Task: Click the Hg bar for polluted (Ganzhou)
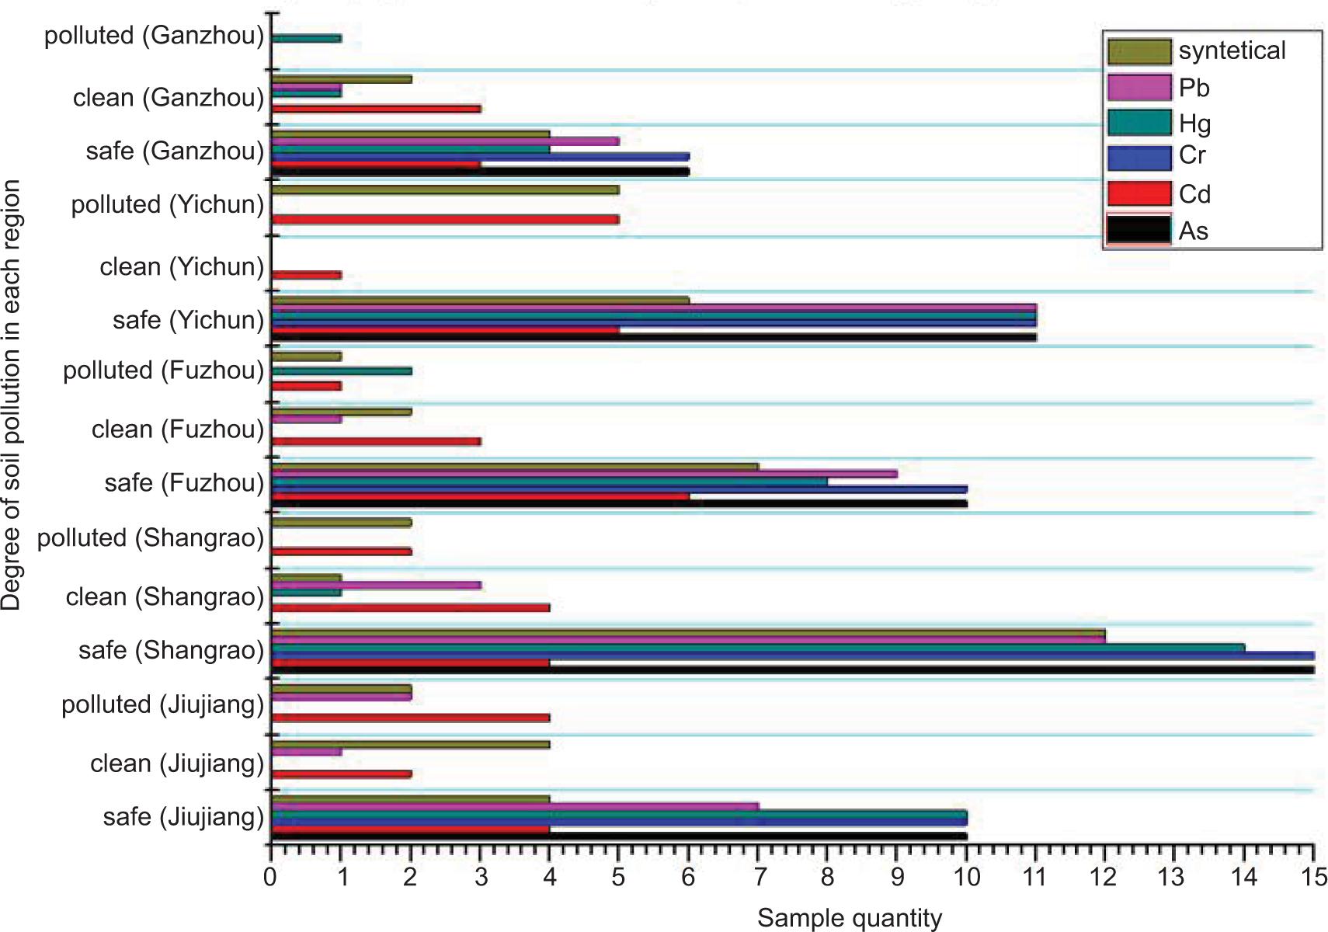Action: (x=307, y=38)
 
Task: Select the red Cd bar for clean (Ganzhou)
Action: (x=377, y=109)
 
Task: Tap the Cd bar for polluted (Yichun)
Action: (x=445, y=219)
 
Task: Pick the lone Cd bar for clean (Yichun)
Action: (x=307, y=275)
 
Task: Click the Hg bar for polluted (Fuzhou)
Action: (x=342, y=371)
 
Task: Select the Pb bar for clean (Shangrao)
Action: (x=377, y=586)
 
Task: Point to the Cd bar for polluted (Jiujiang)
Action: (x=411, y=718)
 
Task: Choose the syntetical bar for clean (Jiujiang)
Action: (x=411, y=744)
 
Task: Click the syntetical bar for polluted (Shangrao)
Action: (x=342, y=523)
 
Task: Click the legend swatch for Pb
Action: (x=1139, y=87)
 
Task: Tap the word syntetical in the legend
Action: (x=1232, y=51)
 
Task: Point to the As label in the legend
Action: (x=1194, y=231)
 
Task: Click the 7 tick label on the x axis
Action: (x=759, y=878)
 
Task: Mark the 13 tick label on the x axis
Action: (x=1174, y=878)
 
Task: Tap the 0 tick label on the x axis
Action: (x=270, y=878)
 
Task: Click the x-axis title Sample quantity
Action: (x=850, y=918)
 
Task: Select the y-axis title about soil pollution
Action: (x=11, y=395)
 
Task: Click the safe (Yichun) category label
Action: (x=188, y=319)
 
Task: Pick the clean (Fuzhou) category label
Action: (x=178, y=429)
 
